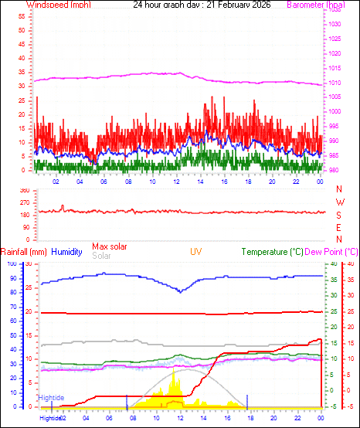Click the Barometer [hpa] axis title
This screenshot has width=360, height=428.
pos(316,5)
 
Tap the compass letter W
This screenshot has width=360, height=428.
pos(340,202)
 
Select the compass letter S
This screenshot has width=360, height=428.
pos(340,215)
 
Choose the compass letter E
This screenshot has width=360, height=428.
pos(340,227)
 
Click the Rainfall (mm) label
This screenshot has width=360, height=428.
pos(24,252)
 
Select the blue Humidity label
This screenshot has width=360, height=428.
pos(66,252)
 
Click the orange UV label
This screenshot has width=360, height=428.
pos(197,252)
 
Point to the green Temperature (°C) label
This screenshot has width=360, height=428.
pos(273,252)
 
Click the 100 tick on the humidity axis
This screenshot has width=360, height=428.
pos(11,264)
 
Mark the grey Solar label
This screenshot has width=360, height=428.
pos(100,256)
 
